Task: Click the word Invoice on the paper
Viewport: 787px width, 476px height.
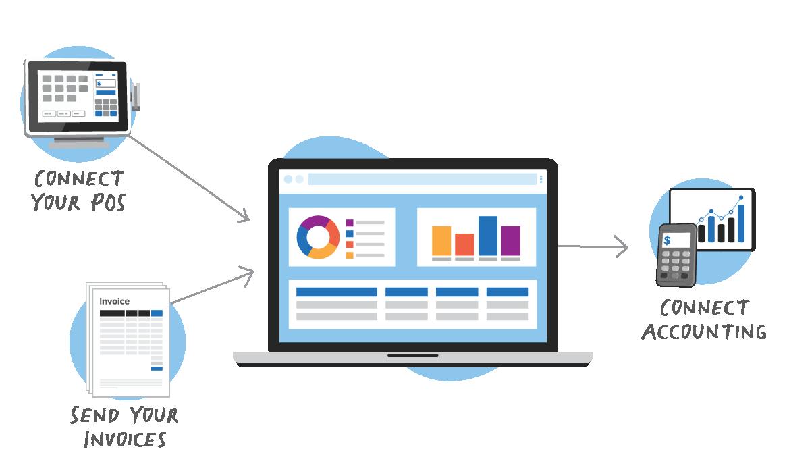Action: pyautogui.click(x=114, y=301)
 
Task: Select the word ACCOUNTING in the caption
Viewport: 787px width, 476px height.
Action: pyautogui.click(x=704, y=332)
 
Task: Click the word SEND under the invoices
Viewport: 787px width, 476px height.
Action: pyautogui.click(x=94, y=415)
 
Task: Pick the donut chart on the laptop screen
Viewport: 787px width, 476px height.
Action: pyautogui.click(x=318, y=238)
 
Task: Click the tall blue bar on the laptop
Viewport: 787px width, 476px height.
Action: pyautogui.click(x=488, y=236)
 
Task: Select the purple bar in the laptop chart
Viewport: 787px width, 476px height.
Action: pyautogui.click(x=511, y=240)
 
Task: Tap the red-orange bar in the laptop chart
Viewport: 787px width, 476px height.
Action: pyautogui.click(x=464, y=244)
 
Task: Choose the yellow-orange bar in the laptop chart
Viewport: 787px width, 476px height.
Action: pyautogui.click(x=441, y=240)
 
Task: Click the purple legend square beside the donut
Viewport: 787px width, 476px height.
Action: pyautogui.click(x=350, y=223)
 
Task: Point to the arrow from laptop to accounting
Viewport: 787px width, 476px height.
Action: pyautogui.click(x=594, y=246)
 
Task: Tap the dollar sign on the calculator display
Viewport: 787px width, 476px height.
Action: pyautogui.click(x=668, y=240)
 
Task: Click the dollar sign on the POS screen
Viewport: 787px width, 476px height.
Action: pyautogui.click(x=99, y=84)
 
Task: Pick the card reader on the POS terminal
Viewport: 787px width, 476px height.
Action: pyautogui.click(x=136, y=97)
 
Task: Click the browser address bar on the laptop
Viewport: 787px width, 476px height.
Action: pyautogui.click(x=422, y=179)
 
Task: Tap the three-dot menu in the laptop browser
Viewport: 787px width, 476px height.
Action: pyautogui.click(x=541, y=179)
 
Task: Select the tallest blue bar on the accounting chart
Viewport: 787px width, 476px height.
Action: pyautogui.click(x=741, y=223)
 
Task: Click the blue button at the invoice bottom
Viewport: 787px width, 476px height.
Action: pyautogui.click(x=157, y=368)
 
